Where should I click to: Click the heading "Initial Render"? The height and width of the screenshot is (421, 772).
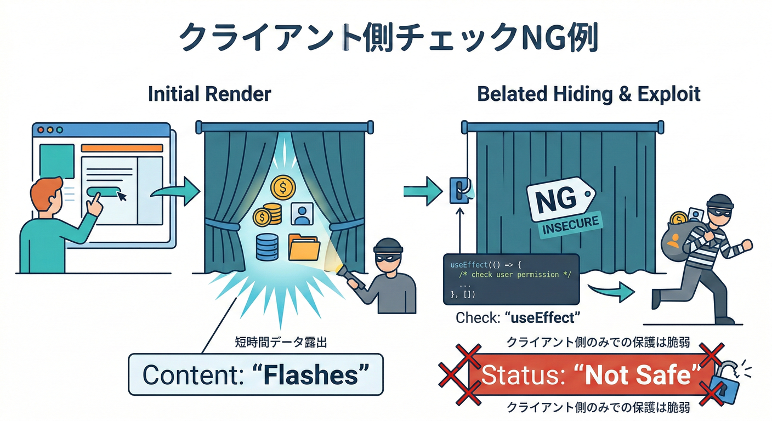point(209,94)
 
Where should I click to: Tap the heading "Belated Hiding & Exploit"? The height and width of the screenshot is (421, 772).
point(589,94)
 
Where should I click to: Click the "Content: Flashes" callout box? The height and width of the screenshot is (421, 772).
point(256,375)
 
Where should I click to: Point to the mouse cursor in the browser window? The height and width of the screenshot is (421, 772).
point(122,195)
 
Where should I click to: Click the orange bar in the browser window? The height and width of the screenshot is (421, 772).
point(122,148)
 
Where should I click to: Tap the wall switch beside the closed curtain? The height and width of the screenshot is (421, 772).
point(458,190)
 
